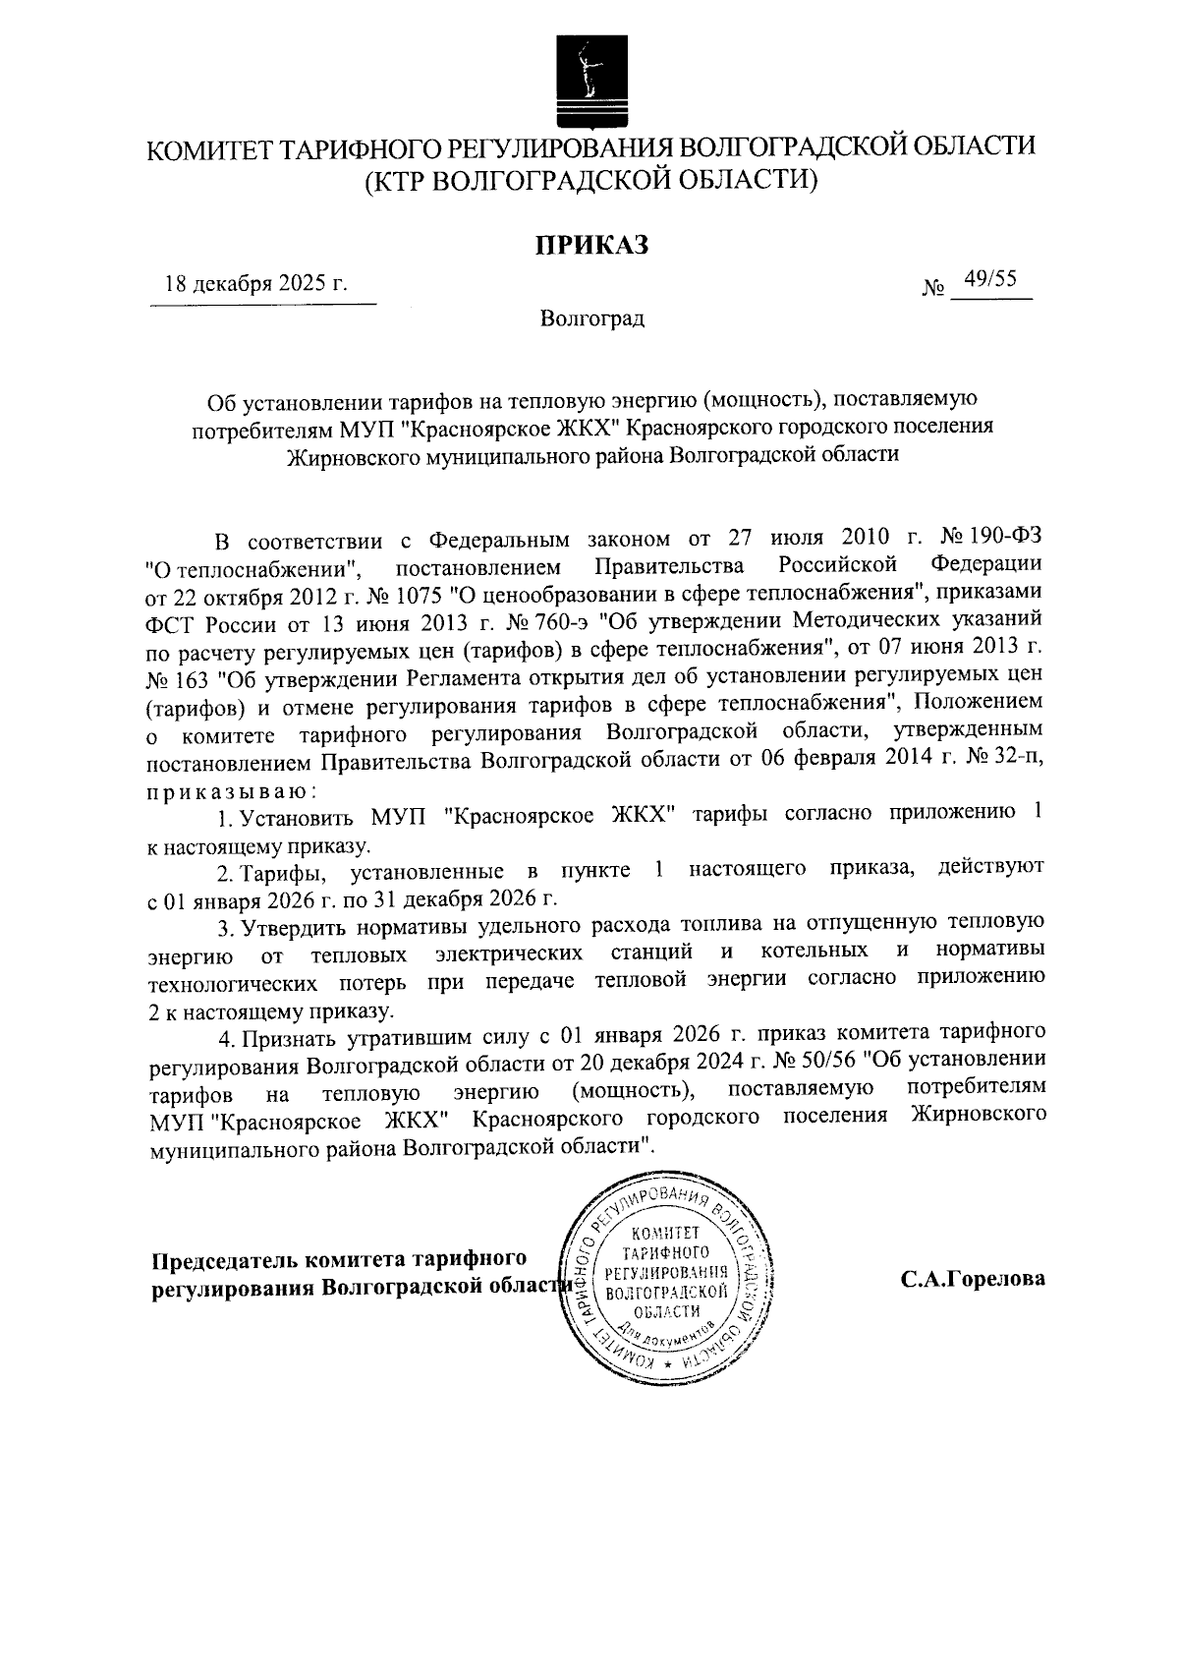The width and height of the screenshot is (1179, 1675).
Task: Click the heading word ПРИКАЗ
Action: point(591,246)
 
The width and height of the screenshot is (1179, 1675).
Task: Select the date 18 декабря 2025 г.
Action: point(256,285)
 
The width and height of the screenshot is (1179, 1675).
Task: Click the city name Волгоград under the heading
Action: point(591,318)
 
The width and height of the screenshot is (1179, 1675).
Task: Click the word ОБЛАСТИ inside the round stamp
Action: point(667,1312)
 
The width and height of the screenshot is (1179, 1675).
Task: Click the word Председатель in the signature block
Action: point(224,1259)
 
